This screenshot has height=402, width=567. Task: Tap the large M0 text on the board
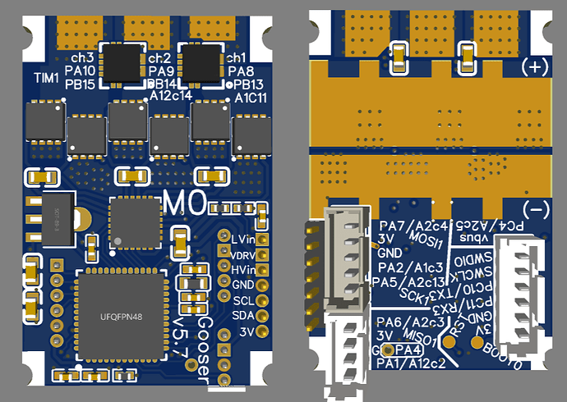pos(183,202)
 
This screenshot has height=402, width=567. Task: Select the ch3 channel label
pos(83,58)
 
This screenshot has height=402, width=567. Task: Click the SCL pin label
pos(242,300)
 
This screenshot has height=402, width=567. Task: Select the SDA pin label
pos(242,316)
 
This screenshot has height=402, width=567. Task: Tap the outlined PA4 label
pos(403,350)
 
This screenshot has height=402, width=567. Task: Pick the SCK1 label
pos(414,294)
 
